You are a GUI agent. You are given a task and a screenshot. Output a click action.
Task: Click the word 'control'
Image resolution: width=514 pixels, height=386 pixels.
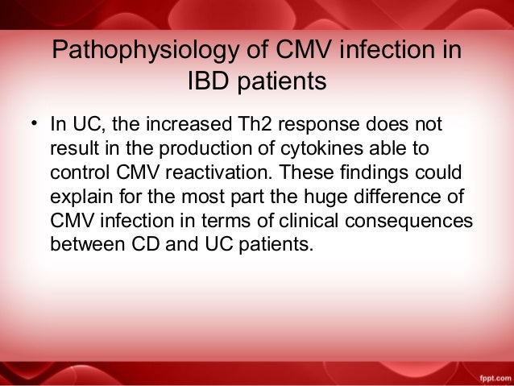(77, 173)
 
